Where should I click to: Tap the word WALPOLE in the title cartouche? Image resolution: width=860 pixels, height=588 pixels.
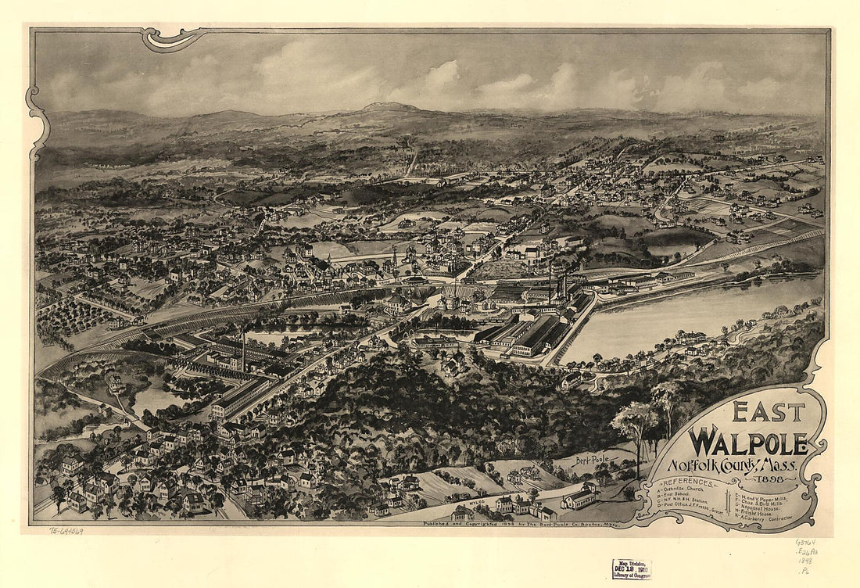(747, 441)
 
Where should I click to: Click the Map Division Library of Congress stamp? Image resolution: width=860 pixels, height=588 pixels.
(632, 569)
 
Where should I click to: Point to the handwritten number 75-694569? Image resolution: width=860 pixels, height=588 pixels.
(66, 531)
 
